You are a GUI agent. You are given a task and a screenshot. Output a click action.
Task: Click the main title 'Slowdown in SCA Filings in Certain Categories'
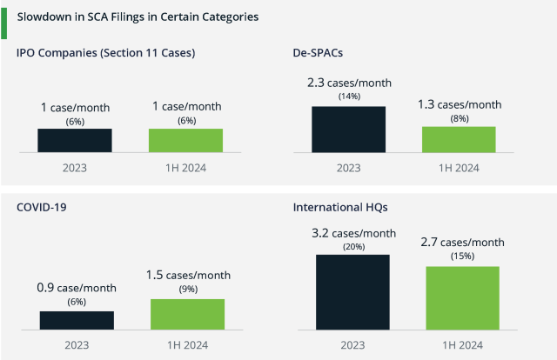(x=138, y=17)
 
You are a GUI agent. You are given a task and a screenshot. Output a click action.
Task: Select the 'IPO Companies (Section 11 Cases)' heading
(x=105, y=53)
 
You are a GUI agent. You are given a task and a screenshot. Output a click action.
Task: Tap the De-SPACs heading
(x=319, y=53)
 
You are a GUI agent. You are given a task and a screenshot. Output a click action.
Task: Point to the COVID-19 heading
(x=42, y=208)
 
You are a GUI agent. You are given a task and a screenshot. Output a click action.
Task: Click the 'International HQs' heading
(x=339, y=208)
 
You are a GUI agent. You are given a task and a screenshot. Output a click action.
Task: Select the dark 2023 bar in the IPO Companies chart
(x=75, y=141)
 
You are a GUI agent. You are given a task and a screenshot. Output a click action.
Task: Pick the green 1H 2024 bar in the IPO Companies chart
(x=185, y=141)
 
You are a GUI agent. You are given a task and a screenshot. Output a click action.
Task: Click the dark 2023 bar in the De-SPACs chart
(x=348, y=130)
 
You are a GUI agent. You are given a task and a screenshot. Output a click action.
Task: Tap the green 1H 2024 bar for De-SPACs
(x=459, y=139)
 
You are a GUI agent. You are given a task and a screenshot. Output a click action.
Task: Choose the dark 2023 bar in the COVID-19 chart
(x=77, y=321)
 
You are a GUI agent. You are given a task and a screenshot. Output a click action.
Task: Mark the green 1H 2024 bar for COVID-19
(x=187, y=315)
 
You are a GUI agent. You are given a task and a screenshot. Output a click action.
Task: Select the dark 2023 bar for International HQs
(x=352, y=293)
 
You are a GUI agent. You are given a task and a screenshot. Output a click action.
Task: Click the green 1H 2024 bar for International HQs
(x=463, y=298)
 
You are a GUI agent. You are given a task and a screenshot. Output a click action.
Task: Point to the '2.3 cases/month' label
(x=349, y=83)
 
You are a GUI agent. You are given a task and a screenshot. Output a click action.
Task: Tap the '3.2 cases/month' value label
(x=352, y=233)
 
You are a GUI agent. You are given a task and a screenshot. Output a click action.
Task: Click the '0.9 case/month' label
(x=77, y=288)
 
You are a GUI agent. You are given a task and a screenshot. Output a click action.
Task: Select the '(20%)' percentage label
(x=352, y=246)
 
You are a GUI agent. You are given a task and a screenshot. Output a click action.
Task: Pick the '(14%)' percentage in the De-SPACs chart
(x=349, y=97)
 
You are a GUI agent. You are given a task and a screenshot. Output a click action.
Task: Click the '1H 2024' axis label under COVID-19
(x=187, y=345)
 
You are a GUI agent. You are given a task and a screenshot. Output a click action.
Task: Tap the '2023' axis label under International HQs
(x=352, y=345)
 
